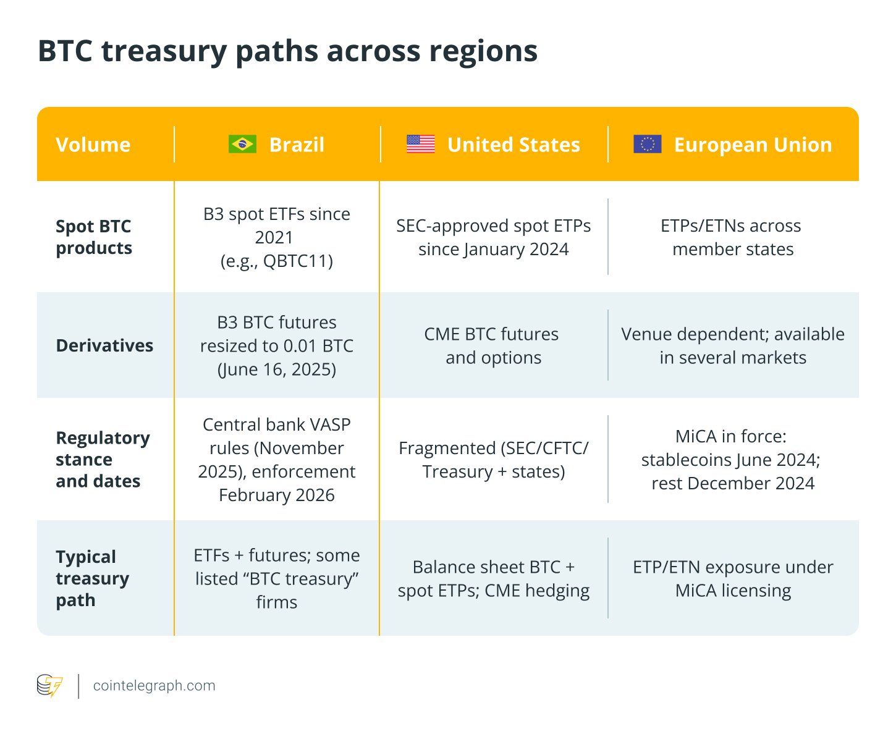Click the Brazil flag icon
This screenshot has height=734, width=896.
tap(242, 144)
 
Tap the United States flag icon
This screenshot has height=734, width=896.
tap(421, 144)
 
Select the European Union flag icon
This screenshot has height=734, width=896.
tap(648, 144)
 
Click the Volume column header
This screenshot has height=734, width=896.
tap(93, 145)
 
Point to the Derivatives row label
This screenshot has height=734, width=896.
tap(104, 345)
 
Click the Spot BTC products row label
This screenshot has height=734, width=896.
tap(94, 237)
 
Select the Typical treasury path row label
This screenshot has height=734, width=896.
tap(93, 578)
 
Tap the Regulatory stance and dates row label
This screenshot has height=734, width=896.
tap(103, 460)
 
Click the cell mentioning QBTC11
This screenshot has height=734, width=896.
tap(277, 237)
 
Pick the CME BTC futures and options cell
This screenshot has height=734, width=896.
tap(493, 346)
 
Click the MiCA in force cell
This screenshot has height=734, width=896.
tap(733, 460)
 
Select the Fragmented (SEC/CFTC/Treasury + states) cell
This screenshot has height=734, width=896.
tap(493, 460)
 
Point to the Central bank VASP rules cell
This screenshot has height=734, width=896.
tap(277, 460)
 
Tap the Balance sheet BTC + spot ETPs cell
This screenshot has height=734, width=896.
tap(493, 579)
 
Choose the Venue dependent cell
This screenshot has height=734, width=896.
tap(733, 346)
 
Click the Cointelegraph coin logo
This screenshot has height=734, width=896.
tap(49, 686)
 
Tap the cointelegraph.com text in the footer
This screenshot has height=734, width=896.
tap(154, 686)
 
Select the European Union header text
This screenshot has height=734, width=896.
tap(753, 145)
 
